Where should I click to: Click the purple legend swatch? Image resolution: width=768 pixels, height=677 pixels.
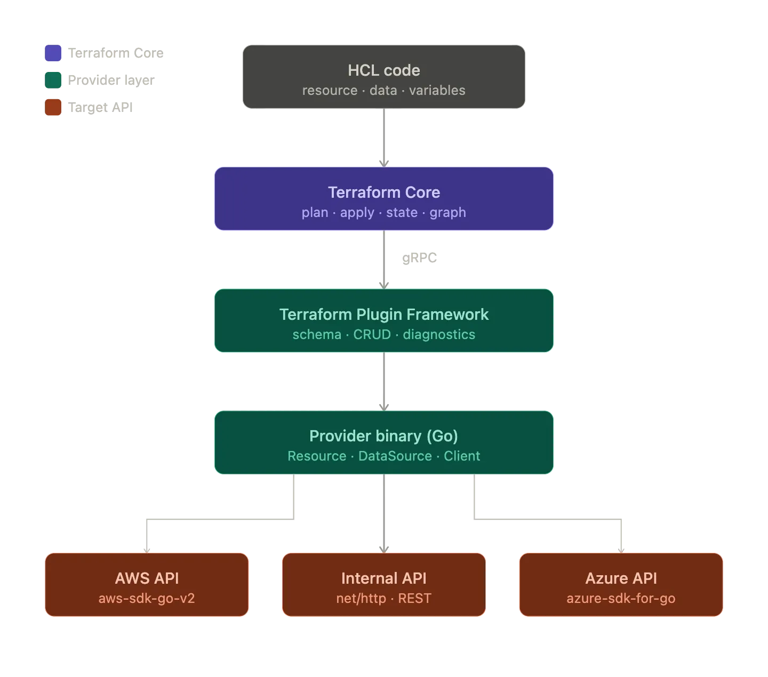click(x=53, y=53)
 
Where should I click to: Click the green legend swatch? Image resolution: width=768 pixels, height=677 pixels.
click(x=53, y=80)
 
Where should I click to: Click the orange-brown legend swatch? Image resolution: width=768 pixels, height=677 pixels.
click(x=53, y=107)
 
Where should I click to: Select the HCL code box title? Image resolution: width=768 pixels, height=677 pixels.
click(x=383, y=70)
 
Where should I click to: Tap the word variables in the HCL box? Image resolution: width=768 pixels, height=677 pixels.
click(x=437, y=91)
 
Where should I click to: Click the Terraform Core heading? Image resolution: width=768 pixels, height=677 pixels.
click(x=383, y=192)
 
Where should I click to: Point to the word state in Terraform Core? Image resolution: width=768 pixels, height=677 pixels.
click(x=402, y=213)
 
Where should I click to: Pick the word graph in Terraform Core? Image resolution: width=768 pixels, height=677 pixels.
click(x=447, y=213)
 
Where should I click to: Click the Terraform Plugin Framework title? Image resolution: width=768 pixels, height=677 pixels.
click(x=383, y=315)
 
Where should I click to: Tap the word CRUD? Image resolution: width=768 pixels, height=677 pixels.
click(x=372, y=335)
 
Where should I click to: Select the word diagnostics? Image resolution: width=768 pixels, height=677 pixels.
click(x=438, y=335)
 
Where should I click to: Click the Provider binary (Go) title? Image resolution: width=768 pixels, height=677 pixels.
click(x=383, y=436)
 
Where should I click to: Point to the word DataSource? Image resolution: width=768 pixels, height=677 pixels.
click(x=395, y=456)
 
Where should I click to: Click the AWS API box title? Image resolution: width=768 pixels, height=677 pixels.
click(x=147, y=578)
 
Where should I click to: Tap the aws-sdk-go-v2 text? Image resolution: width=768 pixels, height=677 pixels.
click(x=147, y=599)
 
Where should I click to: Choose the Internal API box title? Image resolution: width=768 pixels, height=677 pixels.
click(x=383, y=578)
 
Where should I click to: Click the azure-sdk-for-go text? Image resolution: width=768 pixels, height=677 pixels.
click(x=621, y=599)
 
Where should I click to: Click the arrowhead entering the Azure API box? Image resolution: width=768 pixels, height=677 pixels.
click(x=621, y=548)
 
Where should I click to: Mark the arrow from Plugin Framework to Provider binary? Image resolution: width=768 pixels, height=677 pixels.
click(x=383, y=381)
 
